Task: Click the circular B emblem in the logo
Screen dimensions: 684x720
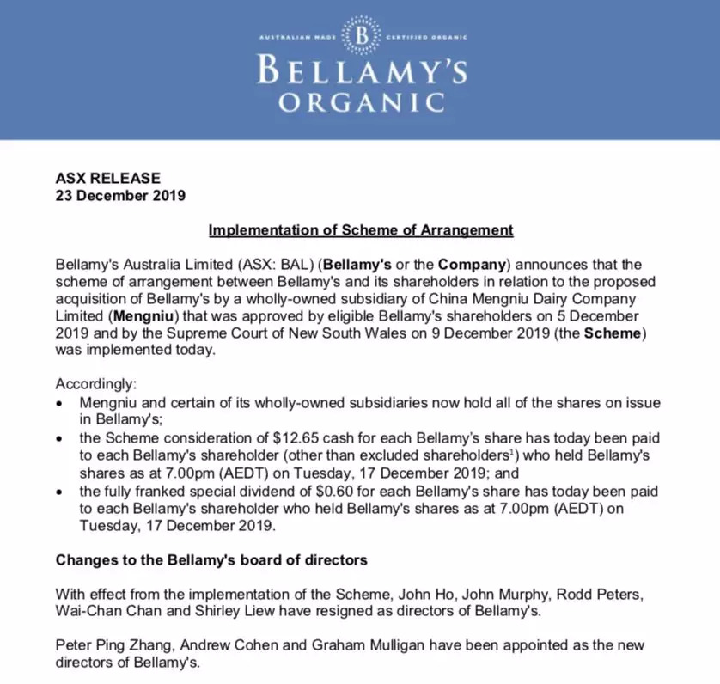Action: point(361,38)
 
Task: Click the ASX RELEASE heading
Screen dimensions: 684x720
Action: point(107,179)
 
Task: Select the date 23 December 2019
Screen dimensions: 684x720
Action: point(120,195)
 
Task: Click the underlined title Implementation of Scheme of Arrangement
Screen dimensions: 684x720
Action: point(361,230)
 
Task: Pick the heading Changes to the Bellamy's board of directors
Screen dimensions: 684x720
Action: point(211,560)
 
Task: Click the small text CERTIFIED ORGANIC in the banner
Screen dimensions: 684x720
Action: point(424,39)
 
